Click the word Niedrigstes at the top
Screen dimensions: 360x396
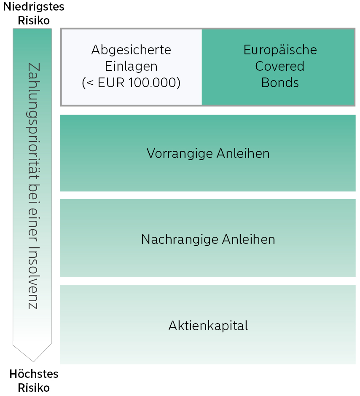pos(34,7)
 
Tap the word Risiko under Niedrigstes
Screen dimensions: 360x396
pos(34,21)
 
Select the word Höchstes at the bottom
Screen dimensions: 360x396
pos(34,374)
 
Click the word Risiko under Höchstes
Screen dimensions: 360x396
pos(34,388)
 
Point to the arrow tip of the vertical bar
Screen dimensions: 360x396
pos(33,361)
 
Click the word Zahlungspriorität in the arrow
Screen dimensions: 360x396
pos(33,121)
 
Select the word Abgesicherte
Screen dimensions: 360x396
pos(131,50)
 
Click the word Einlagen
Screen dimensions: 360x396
pos(131,66)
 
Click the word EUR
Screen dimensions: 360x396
pos(111,83)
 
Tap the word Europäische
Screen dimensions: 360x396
pos(280,50)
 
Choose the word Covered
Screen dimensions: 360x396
pos(279,66)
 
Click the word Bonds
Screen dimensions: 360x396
pos(280,83)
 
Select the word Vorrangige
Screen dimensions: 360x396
pos(180,153)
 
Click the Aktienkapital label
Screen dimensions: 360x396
pos(208,326)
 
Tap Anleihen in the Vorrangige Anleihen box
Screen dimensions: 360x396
pos(243,153)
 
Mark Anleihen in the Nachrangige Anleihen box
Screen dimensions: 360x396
pos(248,239)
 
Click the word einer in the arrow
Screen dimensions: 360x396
pos(33,225)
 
